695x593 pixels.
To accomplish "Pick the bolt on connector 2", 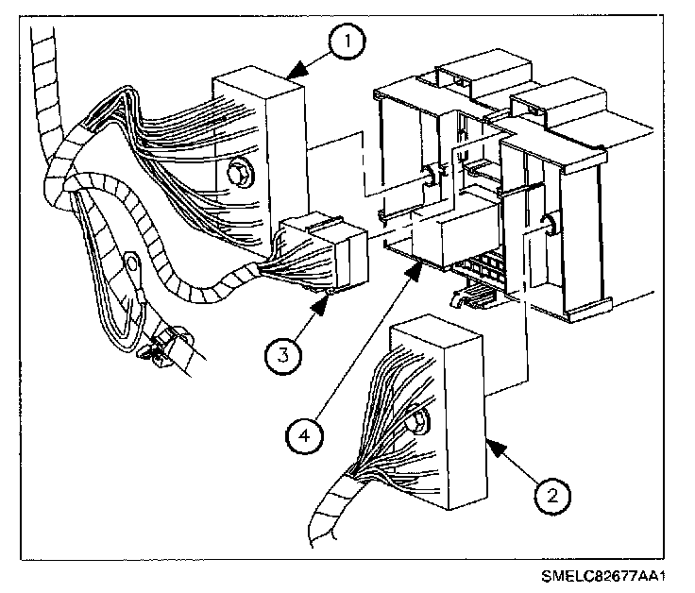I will pyautogui.click(x=415, y=426).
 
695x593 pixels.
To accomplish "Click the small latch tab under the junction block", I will pyautogui.click(x=469, y=296).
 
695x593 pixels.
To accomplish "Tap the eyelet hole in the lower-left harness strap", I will pyautogui.click(x=130, y=263).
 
